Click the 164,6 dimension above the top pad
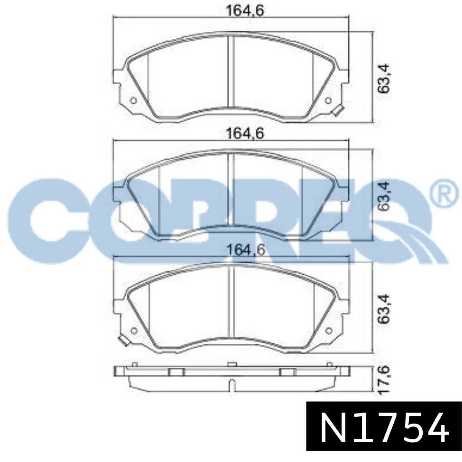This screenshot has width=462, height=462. tap(245, 11)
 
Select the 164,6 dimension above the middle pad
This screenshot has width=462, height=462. tap(245, 134)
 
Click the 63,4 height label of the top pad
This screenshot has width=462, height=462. tap(384, 79)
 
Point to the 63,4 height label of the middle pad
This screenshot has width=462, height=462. tap(384, 196)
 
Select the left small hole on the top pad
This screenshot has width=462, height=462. tap(134, 101)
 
